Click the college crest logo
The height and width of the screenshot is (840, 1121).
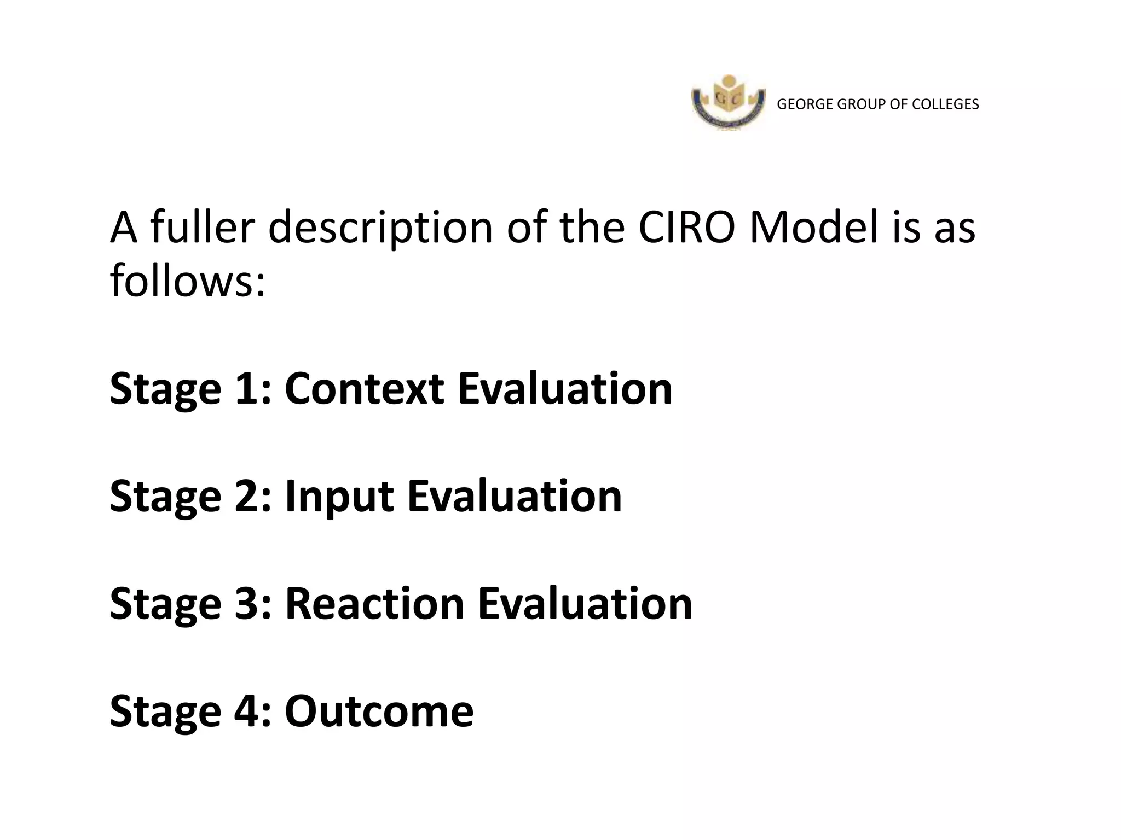[729, 103]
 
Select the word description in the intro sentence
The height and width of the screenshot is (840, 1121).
[380, 229]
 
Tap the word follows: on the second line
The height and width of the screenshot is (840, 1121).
[188, 281]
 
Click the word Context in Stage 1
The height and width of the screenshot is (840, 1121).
[364, 389]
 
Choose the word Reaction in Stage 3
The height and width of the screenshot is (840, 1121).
[374, 604]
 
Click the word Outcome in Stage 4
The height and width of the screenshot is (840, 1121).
[379, 711]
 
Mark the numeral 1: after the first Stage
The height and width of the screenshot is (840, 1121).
[252, 389]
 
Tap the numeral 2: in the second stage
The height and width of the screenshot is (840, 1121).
[253, 497]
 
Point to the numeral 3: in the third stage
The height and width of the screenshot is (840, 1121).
[253, 604]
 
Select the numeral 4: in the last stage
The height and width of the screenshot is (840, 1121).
[253, 711]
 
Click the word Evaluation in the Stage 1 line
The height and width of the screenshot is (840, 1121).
[565, 389]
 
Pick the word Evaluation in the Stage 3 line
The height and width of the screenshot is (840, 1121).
[585, 604]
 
